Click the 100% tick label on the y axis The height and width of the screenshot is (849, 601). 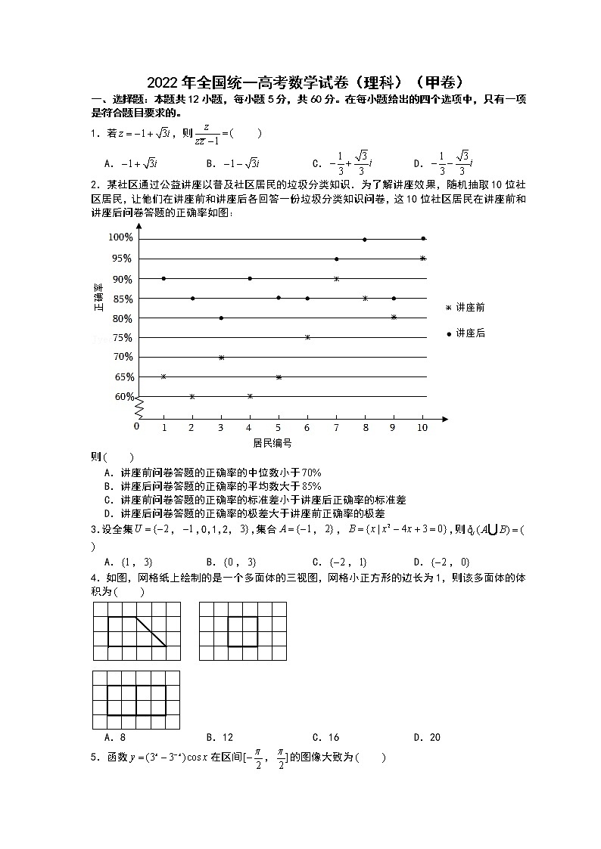pos(120,237)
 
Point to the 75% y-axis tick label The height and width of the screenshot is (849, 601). pos(123,338)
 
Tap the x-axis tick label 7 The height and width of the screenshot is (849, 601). pos(336,427)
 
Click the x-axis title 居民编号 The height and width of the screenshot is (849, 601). pos(272,443)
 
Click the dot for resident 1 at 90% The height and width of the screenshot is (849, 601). pos(163,279)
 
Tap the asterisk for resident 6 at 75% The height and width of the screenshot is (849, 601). pos(307,337)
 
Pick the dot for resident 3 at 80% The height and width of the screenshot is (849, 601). pos(221,318)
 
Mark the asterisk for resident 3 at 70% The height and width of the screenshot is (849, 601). pos(221,358)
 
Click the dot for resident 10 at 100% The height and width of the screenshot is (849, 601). pos(423,238)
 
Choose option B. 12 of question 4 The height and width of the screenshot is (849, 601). pos(219,737)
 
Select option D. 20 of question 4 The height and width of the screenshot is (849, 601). pos(427,737)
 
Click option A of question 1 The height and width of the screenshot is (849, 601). pos(130,163)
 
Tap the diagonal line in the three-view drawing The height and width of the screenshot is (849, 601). pos(151,631)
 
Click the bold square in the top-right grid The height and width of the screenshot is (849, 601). pos(243,631)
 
